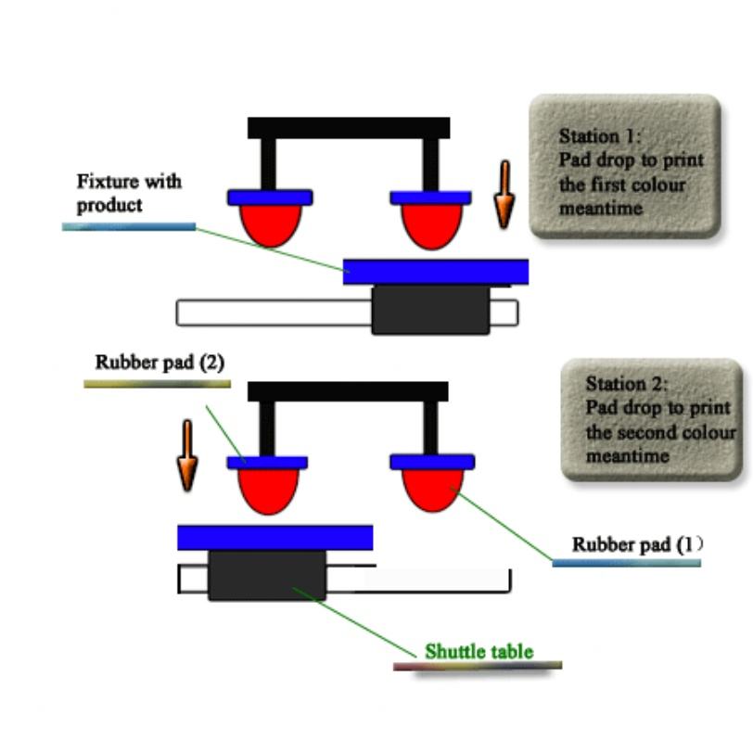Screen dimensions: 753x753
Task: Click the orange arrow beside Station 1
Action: [504, 195]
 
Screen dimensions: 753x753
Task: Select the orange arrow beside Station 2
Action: [188, 454]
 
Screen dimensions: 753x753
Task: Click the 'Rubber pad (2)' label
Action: [160, 363]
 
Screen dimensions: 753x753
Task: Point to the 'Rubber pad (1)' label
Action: [637, 545]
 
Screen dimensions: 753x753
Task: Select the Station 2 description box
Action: [652, 419]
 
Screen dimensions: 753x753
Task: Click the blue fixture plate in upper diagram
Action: [435, 272]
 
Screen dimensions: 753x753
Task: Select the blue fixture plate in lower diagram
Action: [274, 537]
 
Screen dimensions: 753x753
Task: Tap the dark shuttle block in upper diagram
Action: [430, 310]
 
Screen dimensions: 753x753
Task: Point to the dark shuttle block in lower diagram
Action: [267, 575]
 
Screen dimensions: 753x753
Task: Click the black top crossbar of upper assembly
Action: [348, 128]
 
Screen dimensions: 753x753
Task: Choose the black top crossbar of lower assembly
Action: [348, 391]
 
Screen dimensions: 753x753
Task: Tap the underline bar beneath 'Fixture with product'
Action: [129, 226]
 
